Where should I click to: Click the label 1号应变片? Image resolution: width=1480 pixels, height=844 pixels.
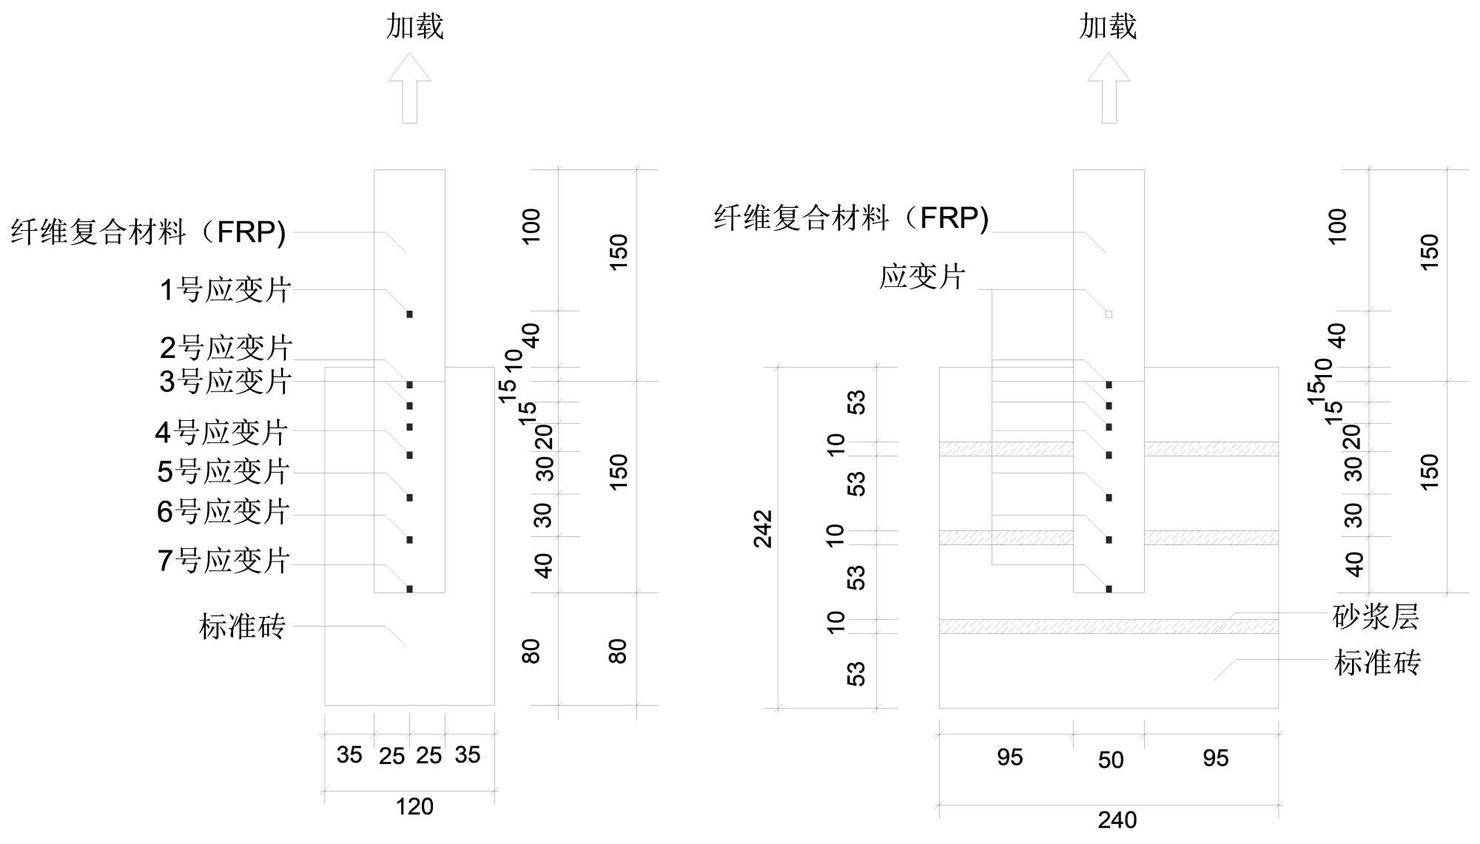point(226,289)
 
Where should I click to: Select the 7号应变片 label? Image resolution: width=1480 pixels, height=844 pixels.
point(223,560)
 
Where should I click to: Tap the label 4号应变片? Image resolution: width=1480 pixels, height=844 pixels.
point(221,432)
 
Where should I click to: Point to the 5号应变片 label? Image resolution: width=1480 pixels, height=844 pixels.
point(223,471)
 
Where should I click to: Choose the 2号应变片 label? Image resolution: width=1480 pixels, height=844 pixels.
point(226,347)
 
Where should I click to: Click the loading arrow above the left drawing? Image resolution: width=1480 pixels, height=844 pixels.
point(409,87)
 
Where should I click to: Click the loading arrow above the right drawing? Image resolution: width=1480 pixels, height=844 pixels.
point(1109,87)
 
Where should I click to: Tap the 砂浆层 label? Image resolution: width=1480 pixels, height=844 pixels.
point(1376,616)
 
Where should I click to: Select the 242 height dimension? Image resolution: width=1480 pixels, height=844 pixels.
point(763,529)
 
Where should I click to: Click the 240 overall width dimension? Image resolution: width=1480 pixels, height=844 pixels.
point(1117,820)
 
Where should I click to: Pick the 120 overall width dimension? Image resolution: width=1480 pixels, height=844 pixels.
point(414,806)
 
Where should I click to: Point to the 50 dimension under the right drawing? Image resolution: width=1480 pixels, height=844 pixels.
point(1111,760)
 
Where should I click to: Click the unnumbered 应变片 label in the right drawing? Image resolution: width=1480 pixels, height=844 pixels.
point(922,277)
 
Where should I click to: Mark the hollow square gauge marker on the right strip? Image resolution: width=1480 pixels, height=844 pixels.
point(1109,314)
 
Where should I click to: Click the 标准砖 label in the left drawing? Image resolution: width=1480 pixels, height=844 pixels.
point(242,626)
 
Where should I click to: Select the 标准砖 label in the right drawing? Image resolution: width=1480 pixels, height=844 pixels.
point(1377,663)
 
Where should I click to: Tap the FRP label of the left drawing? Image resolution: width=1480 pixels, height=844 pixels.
point(148,232)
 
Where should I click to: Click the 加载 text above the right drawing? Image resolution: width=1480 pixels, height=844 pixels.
point(1108,27)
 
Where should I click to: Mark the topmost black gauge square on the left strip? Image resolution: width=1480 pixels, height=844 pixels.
point(409,314)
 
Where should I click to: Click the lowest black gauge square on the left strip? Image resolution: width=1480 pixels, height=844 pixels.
point(409,589)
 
